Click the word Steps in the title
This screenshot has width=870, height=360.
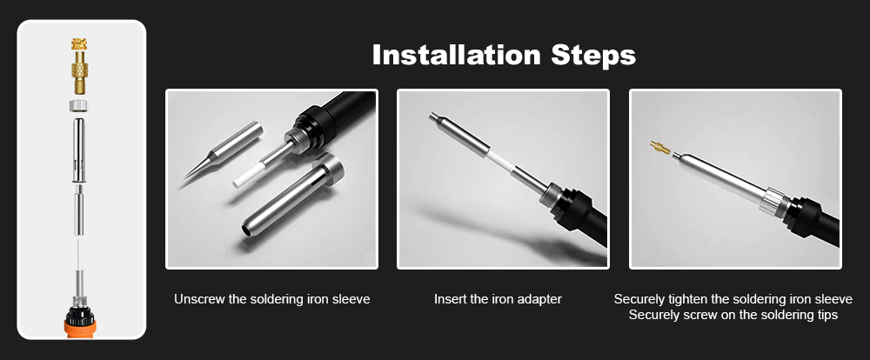click(x=595, y=55)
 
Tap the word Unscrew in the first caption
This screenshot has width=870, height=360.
click(x=199, y=299)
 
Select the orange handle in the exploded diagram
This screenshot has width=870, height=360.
click(x=81, y=323)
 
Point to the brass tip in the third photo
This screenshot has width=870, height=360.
click(x=660, y=149)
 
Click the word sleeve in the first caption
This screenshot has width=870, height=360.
click(x=352, y=299)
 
